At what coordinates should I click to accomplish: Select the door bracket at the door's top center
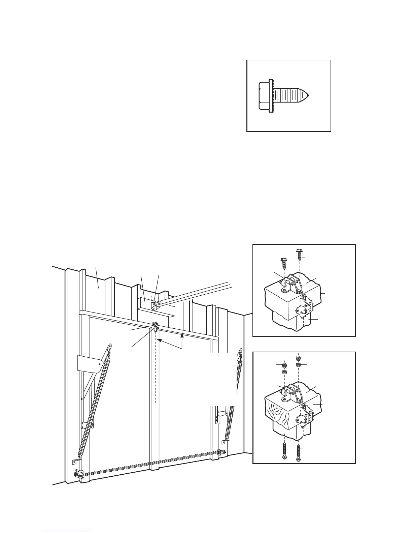pos(156,327)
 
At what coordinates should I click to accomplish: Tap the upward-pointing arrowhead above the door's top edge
pos(182,335)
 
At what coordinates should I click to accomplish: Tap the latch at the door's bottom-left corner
pos(78,474)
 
